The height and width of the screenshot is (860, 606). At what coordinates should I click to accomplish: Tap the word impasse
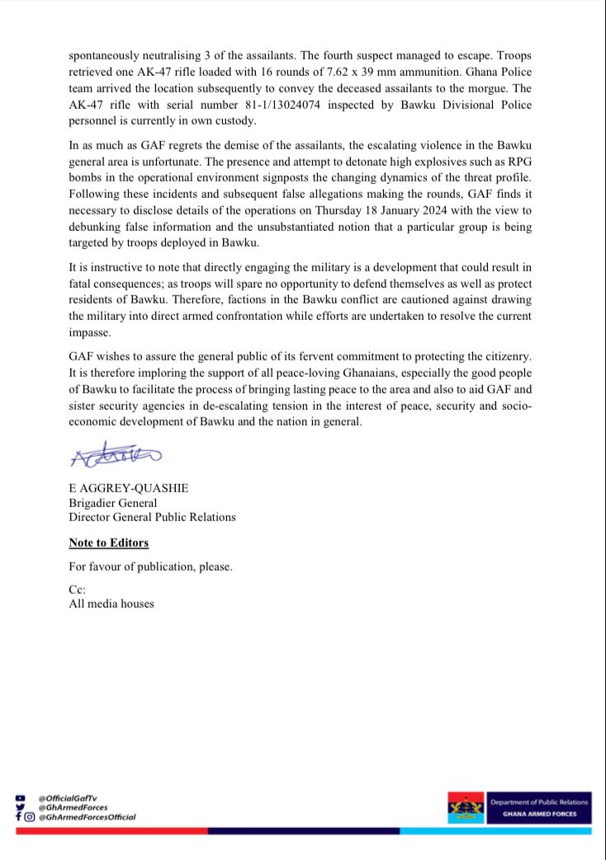pyautogui.click(x=91, y=331)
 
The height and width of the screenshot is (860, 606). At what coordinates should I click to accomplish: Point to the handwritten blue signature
pyautogui.click(x=116, y=454)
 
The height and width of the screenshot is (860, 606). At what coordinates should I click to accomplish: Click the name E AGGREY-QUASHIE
pyautogui.click(x=128, y=488)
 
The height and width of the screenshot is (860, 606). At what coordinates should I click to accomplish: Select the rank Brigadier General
pyautogui.click(x=112, y=503)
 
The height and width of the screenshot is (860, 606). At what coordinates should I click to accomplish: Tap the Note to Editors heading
pyautogui.click(x=108, y=543)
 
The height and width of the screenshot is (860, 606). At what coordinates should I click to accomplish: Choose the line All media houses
pyautogui.click(x=111, y=604)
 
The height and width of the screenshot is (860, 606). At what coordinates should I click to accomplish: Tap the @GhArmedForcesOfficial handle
pyautogui.click(x=87, y=816)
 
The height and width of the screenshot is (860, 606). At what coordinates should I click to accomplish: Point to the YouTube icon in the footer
pyautogui.click(x=20, y=797)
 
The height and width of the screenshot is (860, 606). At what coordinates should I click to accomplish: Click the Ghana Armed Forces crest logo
pyautogui.click(x=466, y=808)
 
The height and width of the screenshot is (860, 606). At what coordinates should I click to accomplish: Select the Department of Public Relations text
pyautogui.click(x=538, y=801)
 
